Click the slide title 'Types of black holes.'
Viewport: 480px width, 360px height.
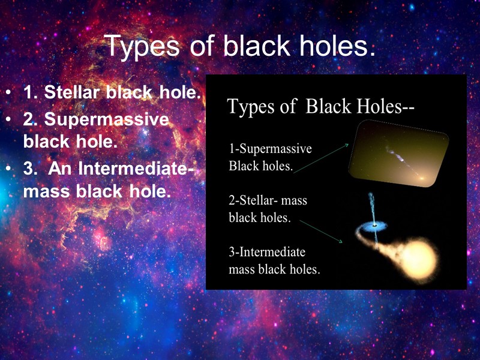[x=240, y=46]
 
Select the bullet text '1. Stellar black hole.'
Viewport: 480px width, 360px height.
[x=112, y=93]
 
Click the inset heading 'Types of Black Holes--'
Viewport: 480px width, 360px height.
[x=321, y=107]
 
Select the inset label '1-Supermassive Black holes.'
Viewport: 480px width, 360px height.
[x=270, y=157]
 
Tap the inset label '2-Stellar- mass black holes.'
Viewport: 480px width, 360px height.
[x=268, y=208]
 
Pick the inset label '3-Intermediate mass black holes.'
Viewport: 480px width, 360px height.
[x=274, y=260]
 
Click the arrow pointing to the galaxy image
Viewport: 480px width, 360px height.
[x=322, y=158]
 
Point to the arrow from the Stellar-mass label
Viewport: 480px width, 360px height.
[x=321, y=231]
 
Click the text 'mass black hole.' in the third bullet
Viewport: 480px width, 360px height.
[x=97, y=192]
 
